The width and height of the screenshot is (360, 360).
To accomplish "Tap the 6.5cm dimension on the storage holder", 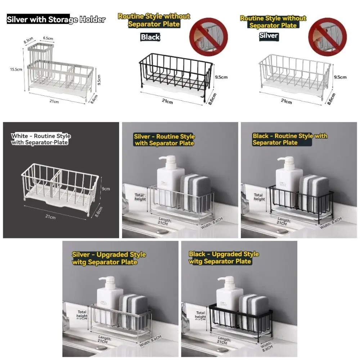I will pyautogui.click(x=48, y=38).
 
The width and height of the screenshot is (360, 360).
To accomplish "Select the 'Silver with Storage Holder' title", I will pyautogui.click(x=56, y=19).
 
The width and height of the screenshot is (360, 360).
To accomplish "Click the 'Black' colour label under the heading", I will pyautogui.click(x=150, y=37).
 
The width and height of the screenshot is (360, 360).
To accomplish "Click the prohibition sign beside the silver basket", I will pyautogui.click(x=327, y=37).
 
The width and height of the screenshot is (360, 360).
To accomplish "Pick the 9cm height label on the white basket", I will pyautogui.click(x=106, y=188).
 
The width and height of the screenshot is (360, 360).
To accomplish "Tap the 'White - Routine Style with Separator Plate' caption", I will pyautogui.click(x=41, y=139).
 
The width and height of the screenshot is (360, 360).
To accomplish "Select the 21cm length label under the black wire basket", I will pyautogui.click(x=167, y=102).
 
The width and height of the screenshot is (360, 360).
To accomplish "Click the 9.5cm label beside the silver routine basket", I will pyautogui.click(x=340, y=77).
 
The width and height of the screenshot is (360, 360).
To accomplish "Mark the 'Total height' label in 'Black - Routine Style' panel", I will pyautogui.click(x=259, y=197).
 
